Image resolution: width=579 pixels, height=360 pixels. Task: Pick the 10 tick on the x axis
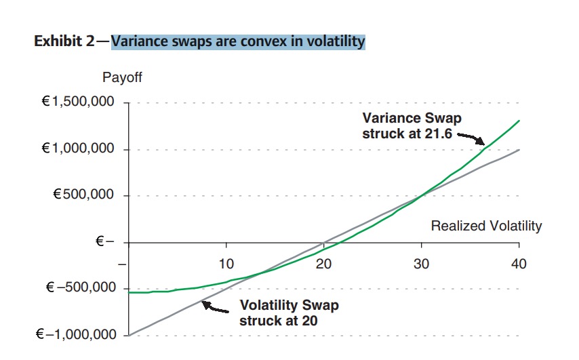226,263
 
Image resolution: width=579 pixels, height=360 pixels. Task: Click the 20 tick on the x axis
323,263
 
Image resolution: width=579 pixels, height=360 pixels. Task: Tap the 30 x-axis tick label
421,263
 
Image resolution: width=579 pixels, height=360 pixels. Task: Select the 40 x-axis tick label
519,263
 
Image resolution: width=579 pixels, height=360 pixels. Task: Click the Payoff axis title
122,77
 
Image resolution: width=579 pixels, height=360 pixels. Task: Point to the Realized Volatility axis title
486,226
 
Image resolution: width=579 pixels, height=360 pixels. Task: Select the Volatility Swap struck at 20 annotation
288,313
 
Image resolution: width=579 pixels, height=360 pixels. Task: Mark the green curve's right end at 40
519,121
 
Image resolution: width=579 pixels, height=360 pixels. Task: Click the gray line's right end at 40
519,150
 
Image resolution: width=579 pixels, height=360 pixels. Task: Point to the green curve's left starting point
129,292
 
